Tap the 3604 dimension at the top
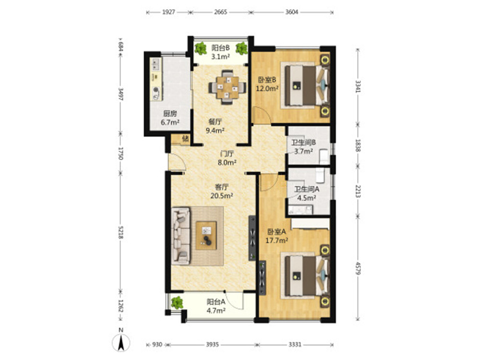click(x=291, y=12)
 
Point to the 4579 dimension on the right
click(x=358, y=267)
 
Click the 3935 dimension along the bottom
click(x=212, y=345)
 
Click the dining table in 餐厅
click(x=227, y=87)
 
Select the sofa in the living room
click(x=180, y=236)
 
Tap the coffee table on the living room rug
click(x=206, y=236)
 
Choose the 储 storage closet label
click(x=185, y=139)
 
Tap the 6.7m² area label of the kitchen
click(x=170, y=122)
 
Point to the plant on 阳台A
click(x=177, y=303)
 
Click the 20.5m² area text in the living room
click(x=222, y=196)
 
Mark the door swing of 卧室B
click(x=262, y=115)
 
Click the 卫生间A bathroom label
click(x=307, y=190)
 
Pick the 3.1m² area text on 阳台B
click(x=220, y=56)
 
